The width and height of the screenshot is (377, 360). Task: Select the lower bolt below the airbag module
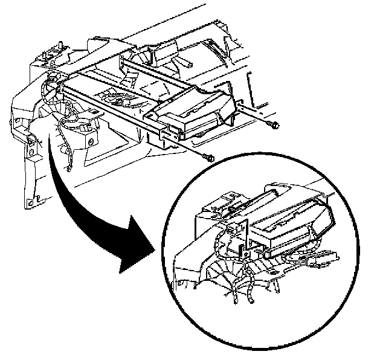click(208, 158)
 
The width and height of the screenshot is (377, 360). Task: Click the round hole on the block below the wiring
click(91, 141)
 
